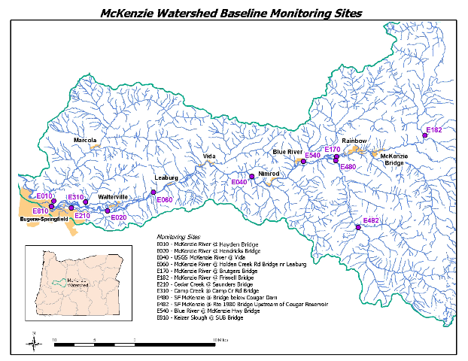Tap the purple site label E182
[434, 130]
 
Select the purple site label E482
[371, 220]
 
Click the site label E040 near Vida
[239, 182]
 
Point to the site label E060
[165, 200]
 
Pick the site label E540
[313, 156]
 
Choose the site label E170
[333, 150]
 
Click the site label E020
[119, 217]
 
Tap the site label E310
[75, 197]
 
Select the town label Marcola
[86, 140]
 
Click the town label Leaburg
[166, 177]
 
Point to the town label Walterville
[113, 196]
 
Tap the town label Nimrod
[269, 174]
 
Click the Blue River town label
[287, 152]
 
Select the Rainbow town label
[354, 141]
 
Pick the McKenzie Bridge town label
[394, 159]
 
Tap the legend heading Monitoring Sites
[169, 236]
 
